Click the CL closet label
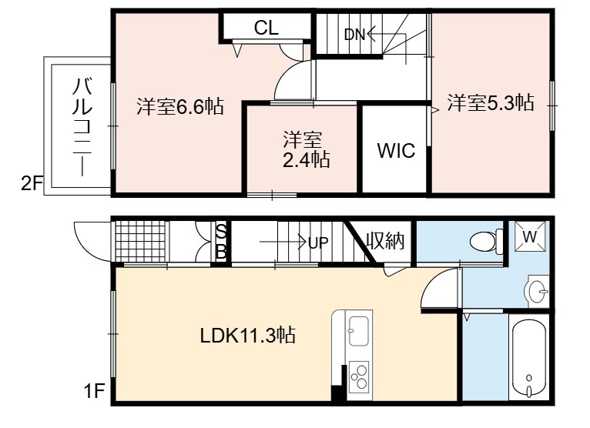pos(267,28)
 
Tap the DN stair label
pos(355,35)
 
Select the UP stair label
pos(318,243)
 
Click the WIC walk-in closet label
pos(396,150)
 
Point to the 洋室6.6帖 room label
pos(180,106)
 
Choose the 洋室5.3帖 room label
pos(491,102)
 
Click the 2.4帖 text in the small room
pos(307,160)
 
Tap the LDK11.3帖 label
pos(247,335)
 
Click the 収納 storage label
pos(385,241)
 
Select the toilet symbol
pos(486,241)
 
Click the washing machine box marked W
pos(530,236)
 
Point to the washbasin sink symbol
pos(537,291)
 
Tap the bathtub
pos(528,357)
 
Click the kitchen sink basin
pos(359,330)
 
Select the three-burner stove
pos(359,377)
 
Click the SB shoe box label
pos(221,242)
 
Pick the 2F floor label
pos(32,183)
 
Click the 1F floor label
pos(94,391)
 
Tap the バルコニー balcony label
pos(82,126)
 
